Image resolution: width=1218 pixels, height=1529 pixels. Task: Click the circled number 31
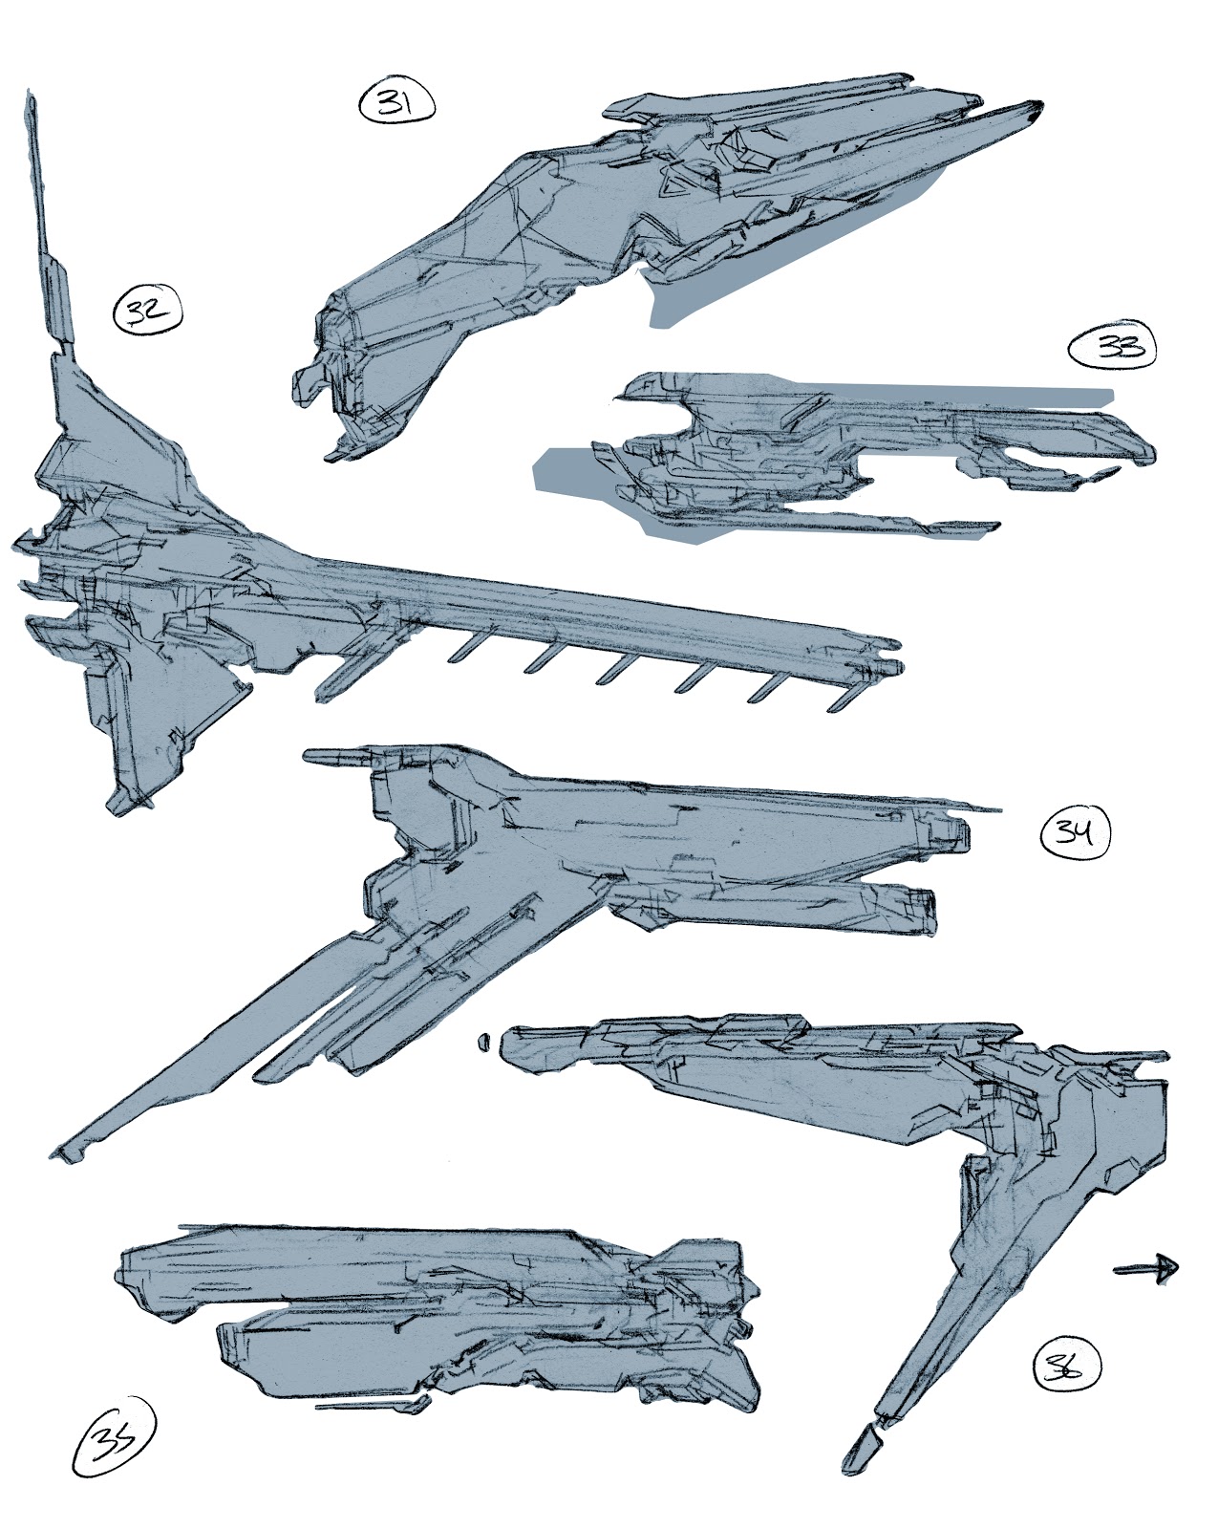pyautogui.click(x=395, y=102)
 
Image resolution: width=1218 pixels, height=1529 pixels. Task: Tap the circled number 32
pyautogui.click(x=147, y=312)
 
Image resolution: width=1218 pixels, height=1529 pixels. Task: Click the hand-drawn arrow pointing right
pyautogui.click(x=1146, y=1268)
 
